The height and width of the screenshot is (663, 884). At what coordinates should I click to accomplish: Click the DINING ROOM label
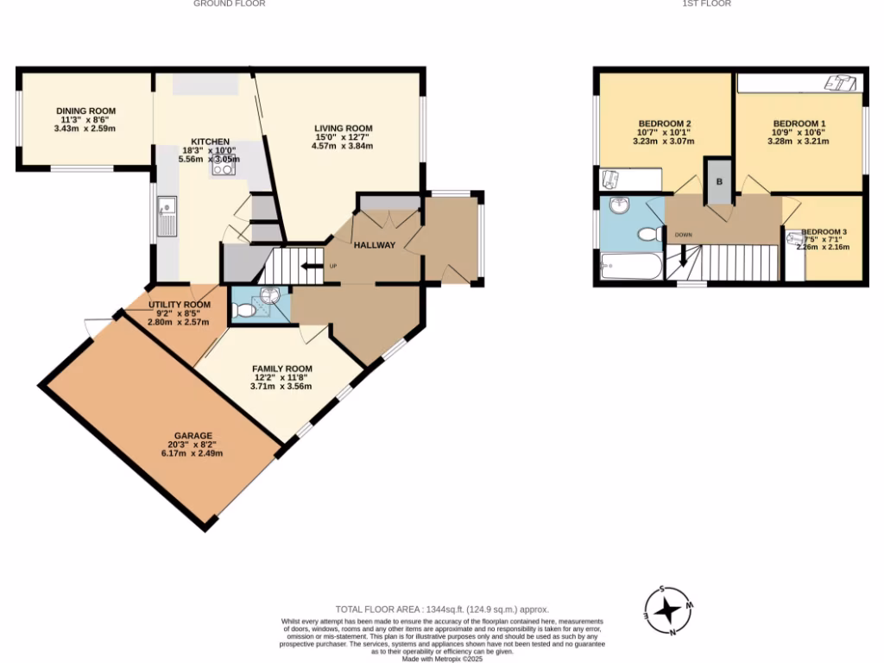[85, 110]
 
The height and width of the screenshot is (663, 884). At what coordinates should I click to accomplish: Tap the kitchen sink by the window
[167, 217]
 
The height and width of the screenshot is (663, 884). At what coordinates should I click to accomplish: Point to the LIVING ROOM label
[343, 129]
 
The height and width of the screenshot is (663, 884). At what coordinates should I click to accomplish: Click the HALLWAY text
[374, 245]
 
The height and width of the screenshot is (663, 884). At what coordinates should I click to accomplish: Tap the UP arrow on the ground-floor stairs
[311, 266]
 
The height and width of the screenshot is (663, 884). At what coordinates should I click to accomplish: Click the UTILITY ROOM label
[180, 305]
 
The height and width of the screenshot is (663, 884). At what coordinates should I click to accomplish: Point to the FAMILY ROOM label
[281, 369]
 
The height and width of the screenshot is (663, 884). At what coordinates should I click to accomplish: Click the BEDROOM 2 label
[663, 123]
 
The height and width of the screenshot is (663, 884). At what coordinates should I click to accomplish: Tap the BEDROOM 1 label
[799, 123]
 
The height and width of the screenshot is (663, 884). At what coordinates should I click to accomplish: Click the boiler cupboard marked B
[718, 182]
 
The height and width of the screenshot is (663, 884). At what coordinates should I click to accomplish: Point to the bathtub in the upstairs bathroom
[630, 267]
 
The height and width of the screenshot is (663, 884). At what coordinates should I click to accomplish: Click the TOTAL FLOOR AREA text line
[442, 609]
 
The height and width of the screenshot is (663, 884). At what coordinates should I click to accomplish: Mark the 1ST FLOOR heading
[706, 3]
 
